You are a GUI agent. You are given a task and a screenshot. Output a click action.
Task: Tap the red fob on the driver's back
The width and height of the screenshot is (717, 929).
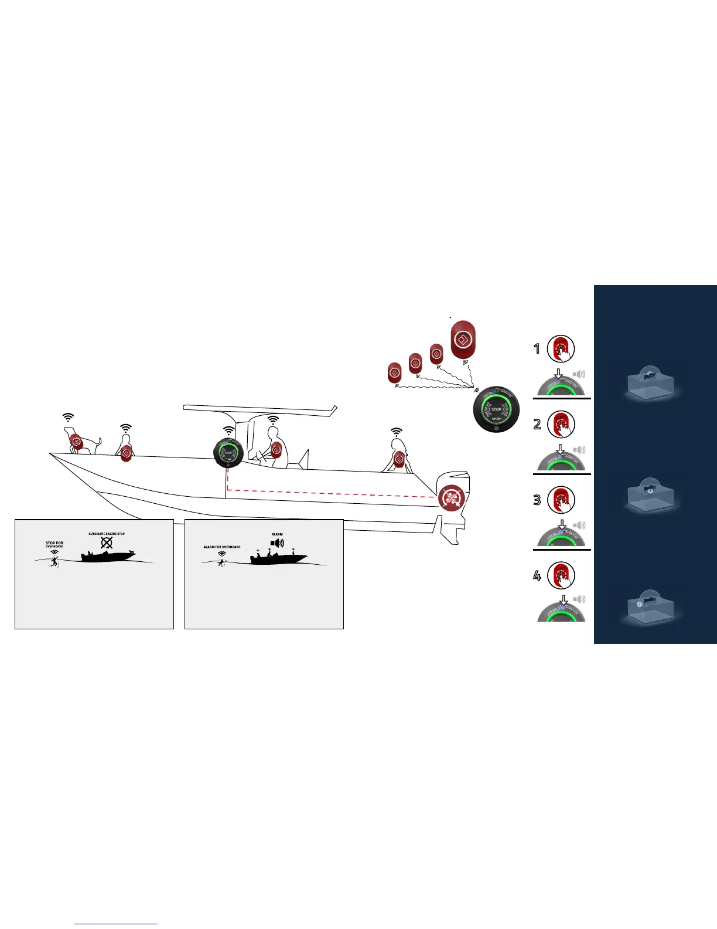(x=276, y=450)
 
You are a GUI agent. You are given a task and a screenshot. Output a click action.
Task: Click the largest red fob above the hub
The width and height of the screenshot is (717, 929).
(x=463, y=340)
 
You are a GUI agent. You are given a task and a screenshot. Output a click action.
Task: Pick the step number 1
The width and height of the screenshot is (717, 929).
(x=537, y=349)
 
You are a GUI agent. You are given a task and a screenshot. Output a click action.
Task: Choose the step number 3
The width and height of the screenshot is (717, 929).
(x=537, y=500)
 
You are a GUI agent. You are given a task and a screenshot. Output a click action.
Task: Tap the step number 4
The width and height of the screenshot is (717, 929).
(x=537, y=575)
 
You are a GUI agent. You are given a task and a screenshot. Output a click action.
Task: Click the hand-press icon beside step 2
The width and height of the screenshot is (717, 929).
(x=561, y=425)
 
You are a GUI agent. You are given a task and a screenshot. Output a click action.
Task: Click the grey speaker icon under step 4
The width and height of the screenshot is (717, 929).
(x=579, y=599)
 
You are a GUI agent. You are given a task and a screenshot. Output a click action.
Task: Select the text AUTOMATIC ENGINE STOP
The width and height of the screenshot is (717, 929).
(x=107, y=534)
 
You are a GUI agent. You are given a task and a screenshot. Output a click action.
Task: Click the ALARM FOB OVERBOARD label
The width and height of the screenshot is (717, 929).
(x=222, y=547)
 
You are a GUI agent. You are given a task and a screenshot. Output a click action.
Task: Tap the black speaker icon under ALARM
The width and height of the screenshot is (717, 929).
(x=277, y=544)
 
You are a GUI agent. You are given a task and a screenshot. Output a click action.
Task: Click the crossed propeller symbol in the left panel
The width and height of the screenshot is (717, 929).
(x=107, y=543)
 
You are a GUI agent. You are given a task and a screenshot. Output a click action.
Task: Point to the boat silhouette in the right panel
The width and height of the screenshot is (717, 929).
(x=279, y=558)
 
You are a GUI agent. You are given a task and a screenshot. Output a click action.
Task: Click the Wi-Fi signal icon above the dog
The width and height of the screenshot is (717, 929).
(x=69, y=417)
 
